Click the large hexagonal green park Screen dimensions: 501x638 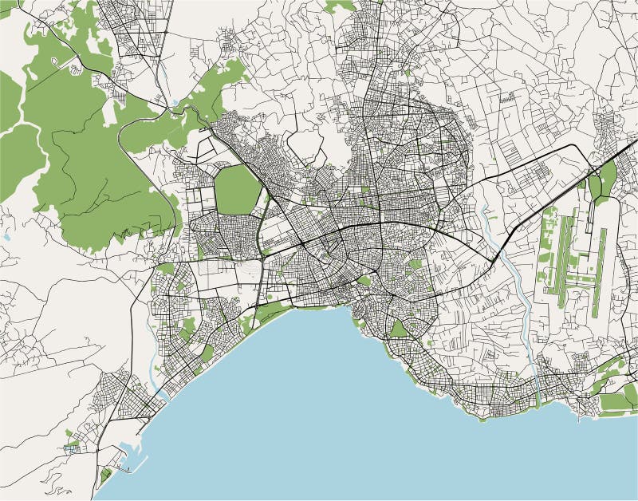point(237,191)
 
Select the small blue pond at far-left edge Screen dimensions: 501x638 point(6,237)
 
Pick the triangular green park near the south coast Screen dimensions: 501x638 point(398,328)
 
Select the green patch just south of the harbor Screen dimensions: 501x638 point(105,477)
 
